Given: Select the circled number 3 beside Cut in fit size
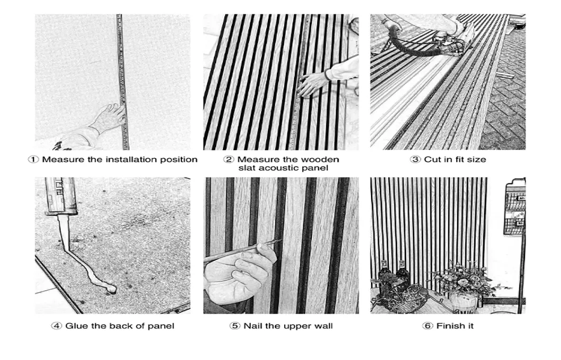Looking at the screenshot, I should click(x=416, y=159).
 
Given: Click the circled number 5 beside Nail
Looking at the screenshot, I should click(x=236, y=326).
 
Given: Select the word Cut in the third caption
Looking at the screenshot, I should click(x=432, y=159).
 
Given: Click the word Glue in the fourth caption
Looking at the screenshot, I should click(x=76, y=326).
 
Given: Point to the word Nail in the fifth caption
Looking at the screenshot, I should click(x=253, y=326).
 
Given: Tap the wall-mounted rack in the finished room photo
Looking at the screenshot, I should click(x=513, y=206).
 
